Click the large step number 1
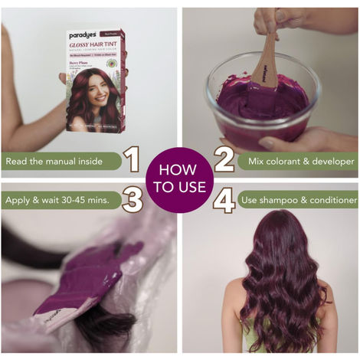(132, 160)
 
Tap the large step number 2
(224, 160)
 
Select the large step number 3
(132, 201)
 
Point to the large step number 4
(224, 201)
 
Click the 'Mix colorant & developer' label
(296, 161)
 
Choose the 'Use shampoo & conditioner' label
(296, 201)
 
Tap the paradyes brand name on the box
(82, 36)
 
